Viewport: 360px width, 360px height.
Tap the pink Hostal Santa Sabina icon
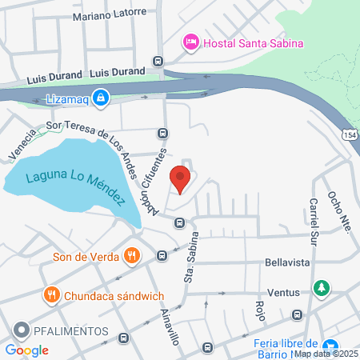[190, 42]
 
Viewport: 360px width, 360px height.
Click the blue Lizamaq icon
[100, 98]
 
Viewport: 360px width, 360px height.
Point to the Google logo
[26, 350]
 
